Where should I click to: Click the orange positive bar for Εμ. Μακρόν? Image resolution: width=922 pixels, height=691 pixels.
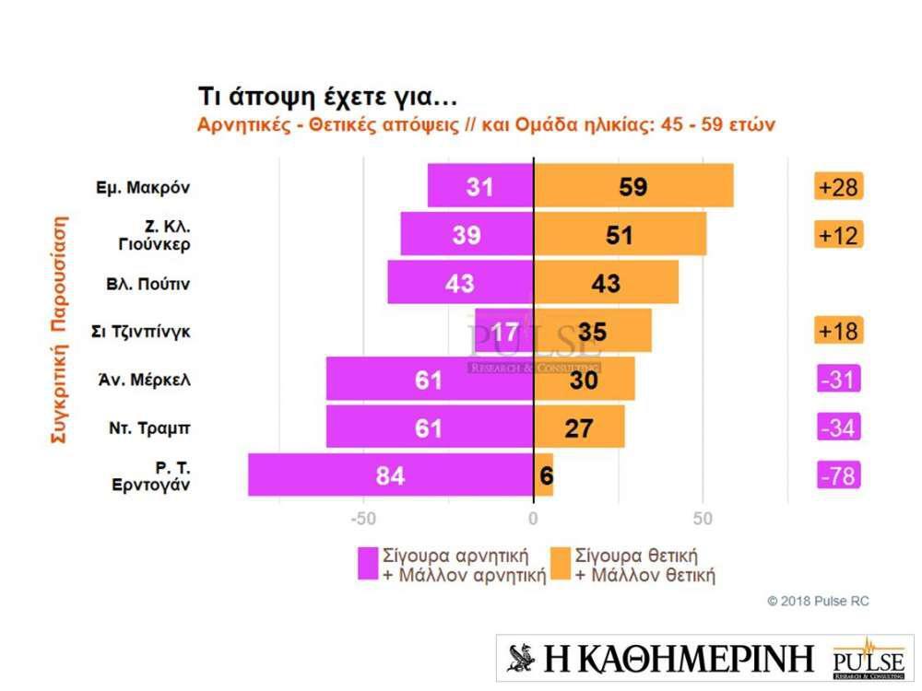(634, 186)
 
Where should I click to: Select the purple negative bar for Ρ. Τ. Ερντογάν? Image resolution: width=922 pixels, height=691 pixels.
(391, 475)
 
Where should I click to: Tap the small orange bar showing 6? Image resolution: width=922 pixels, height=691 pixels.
(544, 475)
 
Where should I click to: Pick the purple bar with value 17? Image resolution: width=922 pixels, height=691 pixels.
(505, 331)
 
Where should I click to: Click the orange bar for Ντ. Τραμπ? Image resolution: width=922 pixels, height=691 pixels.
(579, 427)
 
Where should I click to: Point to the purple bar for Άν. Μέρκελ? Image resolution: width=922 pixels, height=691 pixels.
(430, 379)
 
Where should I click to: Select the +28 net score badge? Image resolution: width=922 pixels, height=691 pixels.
(838, 187)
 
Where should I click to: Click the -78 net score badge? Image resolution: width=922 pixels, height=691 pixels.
(838, 476)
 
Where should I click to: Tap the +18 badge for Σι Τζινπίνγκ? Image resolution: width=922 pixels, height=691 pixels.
(838, 331)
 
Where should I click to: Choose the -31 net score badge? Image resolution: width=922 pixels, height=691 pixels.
(838, 380)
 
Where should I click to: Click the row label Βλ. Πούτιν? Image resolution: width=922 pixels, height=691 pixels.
(148, 284)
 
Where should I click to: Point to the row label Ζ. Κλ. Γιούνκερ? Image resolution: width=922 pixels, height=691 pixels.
(153, 235)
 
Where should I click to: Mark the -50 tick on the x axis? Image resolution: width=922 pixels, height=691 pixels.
(364, 518)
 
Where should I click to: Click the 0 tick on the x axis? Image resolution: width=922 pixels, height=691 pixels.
(534, 518)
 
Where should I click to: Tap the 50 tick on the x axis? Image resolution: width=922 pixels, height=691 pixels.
(703, 518)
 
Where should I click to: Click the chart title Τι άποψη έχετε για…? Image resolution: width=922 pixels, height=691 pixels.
(328, 97)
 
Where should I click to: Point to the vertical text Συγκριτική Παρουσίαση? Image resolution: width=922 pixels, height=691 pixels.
(58, 329)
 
